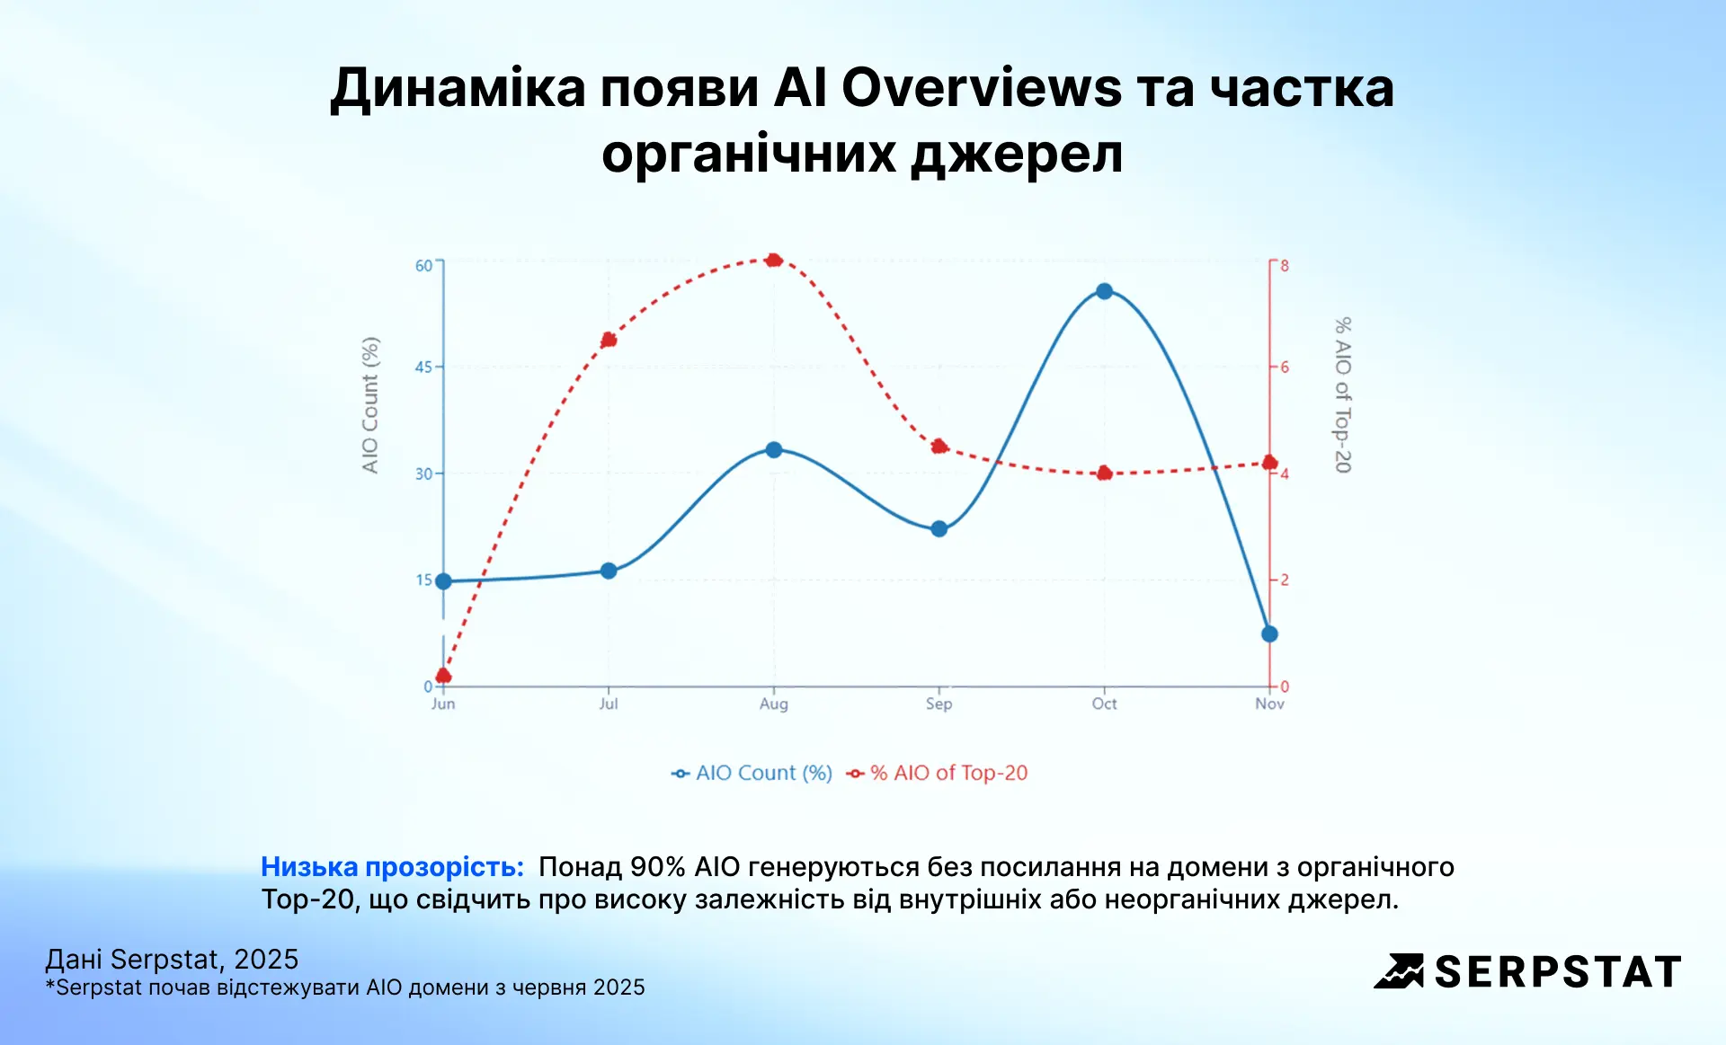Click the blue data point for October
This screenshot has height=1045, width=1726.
coord(1104,291)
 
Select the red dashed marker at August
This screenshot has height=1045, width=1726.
coord(774,261)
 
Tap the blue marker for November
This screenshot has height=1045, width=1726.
coord(1269,634)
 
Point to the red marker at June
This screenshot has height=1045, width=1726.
coord(443,676)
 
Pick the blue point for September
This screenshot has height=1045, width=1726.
coord(939,529)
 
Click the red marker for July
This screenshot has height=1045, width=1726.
coord(609,340)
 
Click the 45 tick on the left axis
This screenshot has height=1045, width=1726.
coord(423,367)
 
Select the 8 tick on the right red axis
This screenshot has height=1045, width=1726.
coord(1285,266)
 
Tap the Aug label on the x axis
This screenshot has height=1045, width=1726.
coord(774,704)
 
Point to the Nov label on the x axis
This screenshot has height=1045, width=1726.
coord(1269,704)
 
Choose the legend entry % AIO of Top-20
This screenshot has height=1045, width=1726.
coord(948,773)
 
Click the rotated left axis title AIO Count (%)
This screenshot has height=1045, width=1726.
coord(370,405)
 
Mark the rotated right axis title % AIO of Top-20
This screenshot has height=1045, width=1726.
coord(1342,395)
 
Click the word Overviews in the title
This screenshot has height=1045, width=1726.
coord(981,88)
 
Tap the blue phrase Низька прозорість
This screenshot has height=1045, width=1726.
coord(392,867)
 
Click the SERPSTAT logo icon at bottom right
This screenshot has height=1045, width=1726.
coord(1399,971)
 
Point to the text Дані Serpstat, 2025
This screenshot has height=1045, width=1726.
coord(172,960)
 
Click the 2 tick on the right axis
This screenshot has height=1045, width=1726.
coord(1285,580)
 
